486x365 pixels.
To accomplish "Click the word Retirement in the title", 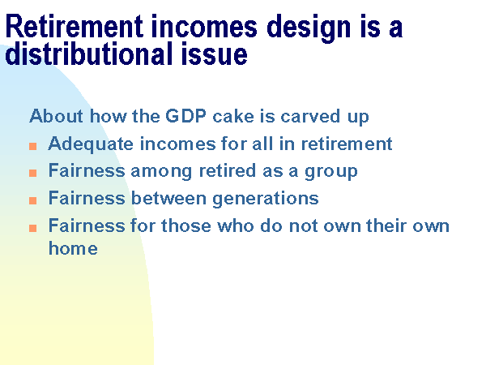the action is (x=75, y=26).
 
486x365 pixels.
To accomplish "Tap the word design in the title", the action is (x=309, y=28).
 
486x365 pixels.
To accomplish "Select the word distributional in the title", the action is (x=88, y=54).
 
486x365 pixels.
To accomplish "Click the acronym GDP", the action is (x=185, y=116).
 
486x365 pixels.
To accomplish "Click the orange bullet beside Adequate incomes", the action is (x=33, y=146).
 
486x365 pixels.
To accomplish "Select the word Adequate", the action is (x=91, y=144).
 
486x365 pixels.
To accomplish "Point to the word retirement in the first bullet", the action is (x=347, y=144).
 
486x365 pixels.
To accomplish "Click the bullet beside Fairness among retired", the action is (x=33, y=173).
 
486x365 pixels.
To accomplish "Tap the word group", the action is (x=331, y=172).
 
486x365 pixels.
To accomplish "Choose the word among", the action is (x=161, y=172).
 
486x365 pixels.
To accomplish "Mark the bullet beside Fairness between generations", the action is (x=33, y=200).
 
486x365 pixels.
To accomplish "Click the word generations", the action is (x=266, y=199).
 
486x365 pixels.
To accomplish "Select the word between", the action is (x=169, y=198).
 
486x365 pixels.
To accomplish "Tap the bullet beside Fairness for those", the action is (x=33, y=228).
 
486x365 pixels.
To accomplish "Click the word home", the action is (x=73, y=248).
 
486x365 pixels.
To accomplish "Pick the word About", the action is (x=57, y=116).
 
